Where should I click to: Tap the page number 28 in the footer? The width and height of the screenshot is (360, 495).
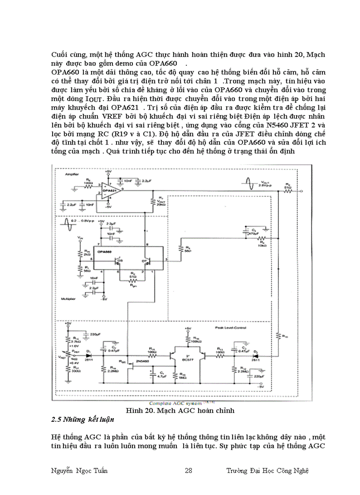[188, 471]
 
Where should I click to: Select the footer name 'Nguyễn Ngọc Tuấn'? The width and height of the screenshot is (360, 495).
[79, 471]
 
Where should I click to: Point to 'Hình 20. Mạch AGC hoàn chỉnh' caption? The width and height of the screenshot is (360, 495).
[180, 410]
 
